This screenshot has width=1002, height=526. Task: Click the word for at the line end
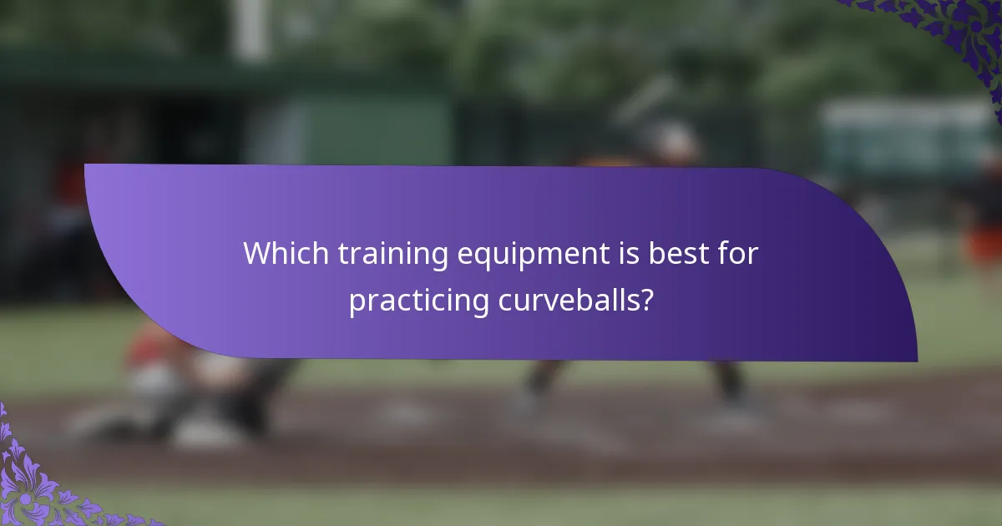[x=737, y=254]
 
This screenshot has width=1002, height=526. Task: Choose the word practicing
[x=419, y=301]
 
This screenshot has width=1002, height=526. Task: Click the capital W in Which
[x=256, y=254]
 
